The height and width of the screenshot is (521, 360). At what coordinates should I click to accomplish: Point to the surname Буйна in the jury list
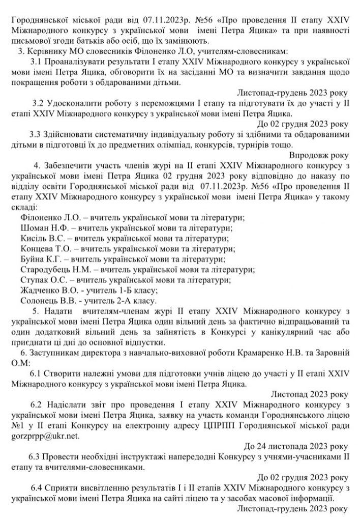coord(32,259)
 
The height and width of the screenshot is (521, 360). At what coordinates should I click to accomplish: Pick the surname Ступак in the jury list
coord(34,280)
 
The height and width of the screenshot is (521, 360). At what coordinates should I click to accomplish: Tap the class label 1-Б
coord(129,291)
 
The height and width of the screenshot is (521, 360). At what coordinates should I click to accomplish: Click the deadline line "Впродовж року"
coord(318,155)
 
